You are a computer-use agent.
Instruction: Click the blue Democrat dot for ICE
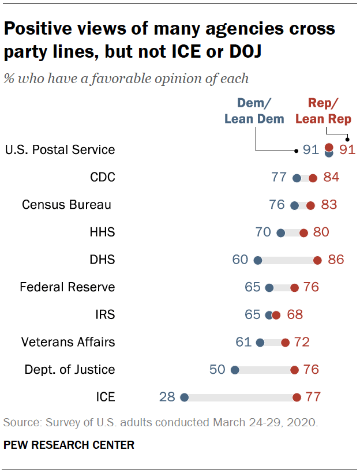pyautogui.click(x=184, y=397)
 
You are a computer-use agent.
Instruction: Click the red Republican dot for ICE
pyautogui.click(x=297, y=397)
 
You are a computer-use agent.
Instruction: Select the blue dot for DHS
pyautogui.click(x=258, y=260)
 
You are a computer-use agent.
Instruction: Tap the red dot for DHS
pyautogui.click(x=317, y=260)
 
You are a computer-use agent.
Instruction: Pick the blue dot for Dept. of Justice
pyautogui.click(x=235, y=370)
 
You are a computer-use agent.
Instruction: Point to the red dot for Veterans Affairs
pyautogui.click(x=285, y=342)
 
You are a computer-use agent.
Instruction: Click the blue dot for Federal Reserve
pyautogui.click(x=269, y=287)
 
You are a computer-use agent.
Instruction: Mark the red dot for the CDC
pyautogui.click(x=313, y=178)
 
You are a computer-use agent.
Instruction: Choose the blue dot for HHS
pyautogui.click(x=281, y=232)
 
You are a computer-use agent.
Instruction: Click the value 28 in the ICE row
pyautogui.click(x=168, y=397)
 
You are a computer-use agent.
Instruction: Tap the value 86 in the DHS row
pyautogui.click(x=335, y=260)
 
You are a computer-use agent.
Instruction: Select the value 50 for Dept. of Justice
pyautogui.click(x=217, y=369)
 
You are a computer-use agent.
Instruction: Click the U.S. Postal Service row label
pyautogui.click(x=60, y=150)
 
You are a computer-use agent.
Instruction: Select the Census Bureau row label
pyautogui.click(x=65, y=205)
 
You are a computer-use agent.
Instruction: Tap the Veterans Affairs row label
pyautogui.click(x=68, y=342)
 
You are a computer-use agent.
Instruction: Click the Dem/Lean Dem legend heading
pyautogui.click(x=254, y=111)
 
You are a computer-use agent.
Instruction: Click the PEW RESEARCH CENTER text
pyautogui.click(x=69, y=445)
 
